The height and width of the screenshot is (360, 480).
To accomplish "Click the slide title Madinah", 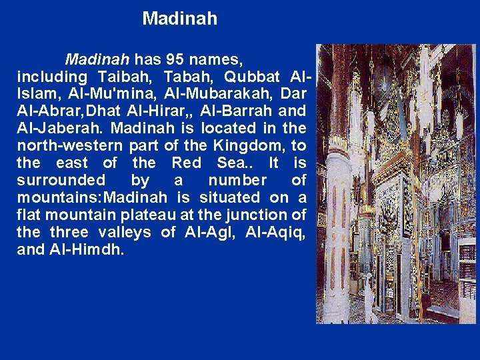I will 179,19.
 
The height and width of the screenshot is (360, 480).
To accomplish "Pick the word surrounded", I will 61,180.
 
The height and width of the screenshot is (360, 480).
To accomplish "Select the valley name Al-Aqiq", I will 275,232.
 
